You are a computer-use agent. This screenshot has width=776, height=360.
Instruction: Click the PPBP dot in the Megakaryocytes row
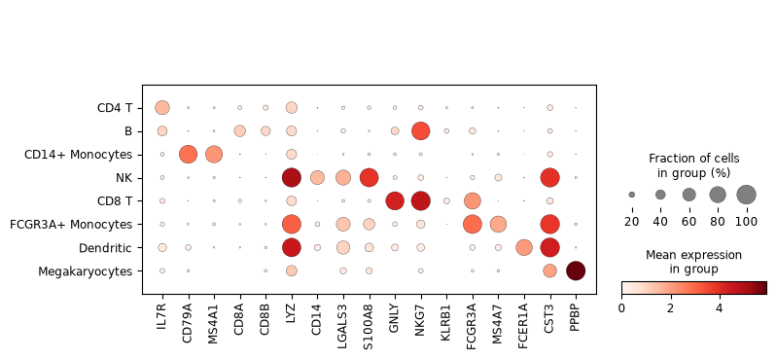pos(576,270)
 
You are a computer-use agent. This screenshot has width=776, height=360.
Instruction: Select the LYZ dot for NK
pos(291,177)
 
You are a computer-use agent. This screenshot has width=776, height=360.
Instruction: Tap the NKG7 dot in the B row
pos(421,130)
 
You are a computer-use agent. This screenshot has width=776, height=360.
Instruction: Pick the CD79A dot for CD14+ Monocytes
pos(188,154)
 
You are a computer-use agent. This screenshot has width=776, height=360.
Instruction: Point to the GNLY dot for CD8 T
pos(395,200)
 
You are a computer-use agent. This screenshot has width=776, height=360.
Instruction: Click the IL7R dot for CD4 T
pos(162,107)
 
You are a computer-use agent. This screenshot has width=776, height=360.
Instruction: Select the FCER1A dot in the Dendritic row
pos(524,247)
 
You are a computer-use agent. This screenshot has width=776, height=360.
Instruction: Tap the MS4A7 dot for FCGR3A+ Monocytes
pos(498,225)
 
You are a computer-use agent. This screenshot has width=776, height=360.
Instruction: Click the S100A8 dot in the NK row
pos(369,177)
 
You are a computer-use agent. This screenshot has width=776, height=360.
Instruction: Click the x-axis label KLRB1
pos(447,319)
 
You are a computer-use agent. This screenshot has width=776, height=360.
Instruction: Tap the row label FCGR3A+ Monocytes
pos(71,225)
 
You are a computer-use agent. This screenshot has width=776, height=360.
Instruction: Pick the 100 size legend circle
pos(747,195)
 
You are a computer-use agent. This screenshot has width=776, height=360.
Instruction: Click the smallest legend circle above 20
pos(632,195)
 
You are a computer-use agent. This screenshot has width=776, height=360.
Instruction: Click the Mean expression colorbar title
pos(694,262)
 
